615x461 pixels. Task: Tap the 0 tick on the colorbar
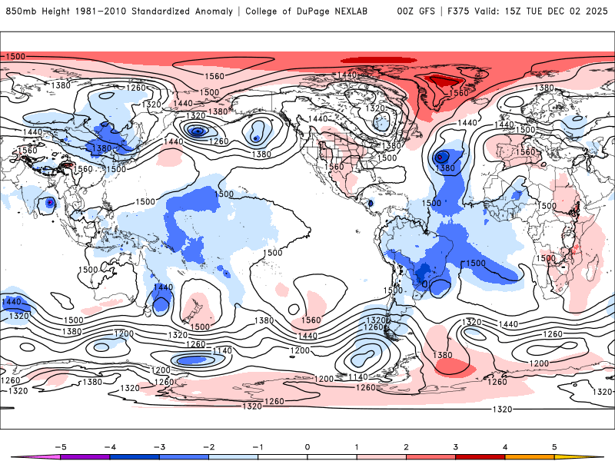click(307, 446)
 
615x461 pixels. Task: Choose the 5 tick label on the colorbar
click(554, 446)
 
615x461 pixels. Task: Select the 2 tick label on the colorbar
click(406, 446)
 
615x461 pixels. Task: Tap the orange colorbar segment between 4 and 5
click(530, 456)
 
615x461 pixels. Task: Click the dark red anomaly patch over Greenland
click(441, 81)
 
